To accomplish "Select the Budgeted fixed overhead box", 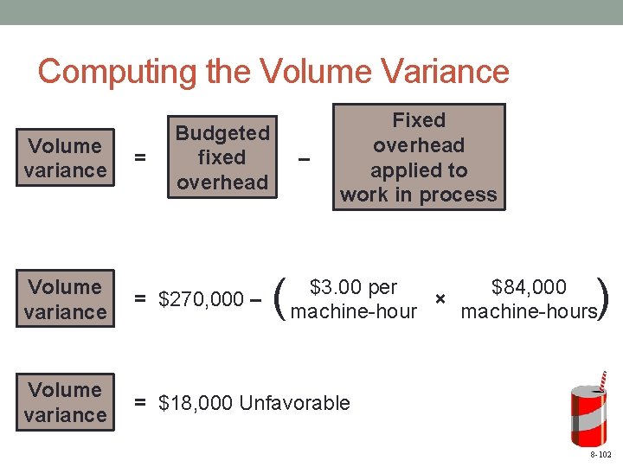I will click(x=222, y=157).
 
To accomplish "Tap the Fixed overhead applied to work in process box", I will click(x=419, y=157).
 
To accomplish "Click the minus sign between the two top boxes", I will click(x=303, y=158).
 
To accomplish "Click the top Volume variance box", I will click(x=66, y=157).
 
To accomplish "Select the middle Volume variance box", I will click(x=66, y=298).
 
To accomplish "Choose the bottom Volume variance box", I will click(x=66, y=402).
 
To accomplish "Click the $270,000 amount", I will click(x=201, y=299).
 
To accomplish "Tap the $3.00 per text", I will click(x=353, y=287).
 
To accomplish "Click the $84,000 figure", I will click(x=529, y=287).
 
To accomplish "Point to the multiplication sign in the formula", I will click(x=440, y=298).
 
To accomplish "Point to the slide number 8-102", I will click(x=601, y=454).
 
